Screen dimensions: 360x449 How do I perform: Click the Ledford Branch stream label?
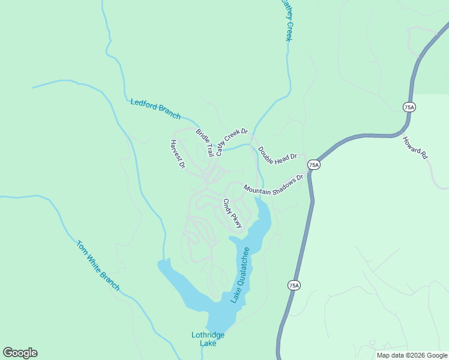(x=155, y=108)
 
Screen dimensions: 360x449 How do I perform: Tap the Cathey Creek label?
(x=287, y=21)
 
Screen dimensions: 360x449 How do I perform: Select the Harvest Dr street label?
(x=176, y=154)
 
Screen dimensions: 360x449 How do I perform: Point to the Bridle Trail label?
(x=205, y=142)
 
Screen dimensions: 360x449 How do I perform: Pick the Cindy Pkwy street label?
(x=232, y=214)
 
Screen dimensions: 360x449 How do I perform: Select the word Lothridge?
(x=208, y=335)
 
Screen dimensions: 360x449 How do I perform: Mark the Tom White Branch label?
(x=98, y=266)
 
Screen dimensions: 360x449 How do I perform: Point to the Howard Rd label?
(x=415, y=147)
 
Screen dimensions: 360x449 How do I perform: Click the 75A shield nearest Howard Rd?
(x=409, y=106)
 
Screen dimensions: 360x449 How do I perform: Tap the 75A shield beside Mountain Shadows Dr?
(x=313, y=164)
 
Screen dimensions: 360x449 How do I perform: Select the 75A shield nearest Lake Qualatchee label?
(x=293, y=286)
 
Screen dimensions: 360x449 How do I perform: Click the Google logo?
(x=20, y=353)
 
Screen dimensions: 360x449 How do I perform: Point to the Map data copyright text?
(x=412, y=355)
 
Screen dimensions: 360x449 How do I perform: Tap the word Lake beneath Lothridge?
(x=208, y=344)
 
